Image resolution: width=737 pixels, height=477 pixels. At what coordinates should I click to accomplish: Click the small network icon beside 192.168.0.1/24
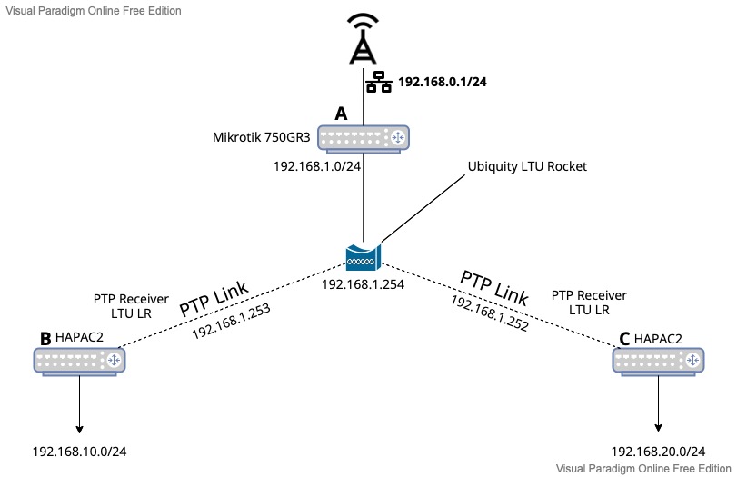click(x=379, y=83)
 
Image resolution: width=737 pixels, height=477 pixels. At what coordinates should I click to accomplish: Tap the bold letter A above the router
click(x=341, y=114)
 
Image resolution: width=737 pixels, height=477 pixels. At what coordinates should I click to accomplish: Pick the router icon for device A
click(x=364, y=138)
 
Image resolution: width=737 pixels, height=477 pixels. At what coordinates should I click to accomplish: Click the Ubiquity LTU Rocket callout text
click(x=527, y=167)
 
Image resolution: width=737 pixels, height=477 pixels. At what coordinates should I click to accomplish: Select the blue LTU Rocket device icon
click(x=364, y=256)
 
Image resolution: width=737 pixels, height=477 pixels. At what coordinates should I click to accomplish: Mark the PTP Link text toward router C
click(x=494, y=288)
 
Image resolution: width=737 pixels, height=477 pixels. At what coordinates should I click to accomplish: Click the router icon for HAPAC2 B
click(x=79, y=362)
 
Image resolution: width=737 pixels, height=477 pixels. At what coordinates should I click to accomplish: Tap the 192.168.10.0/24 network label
click(x=79, y=452)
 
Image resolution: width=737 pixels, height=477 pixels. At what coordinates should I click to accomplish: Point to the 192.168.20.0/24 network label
click(x=658, y=452)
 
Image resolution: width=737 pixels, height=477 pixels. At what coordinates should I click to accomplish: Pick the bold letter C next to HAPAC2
click(x=624, y=338)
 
